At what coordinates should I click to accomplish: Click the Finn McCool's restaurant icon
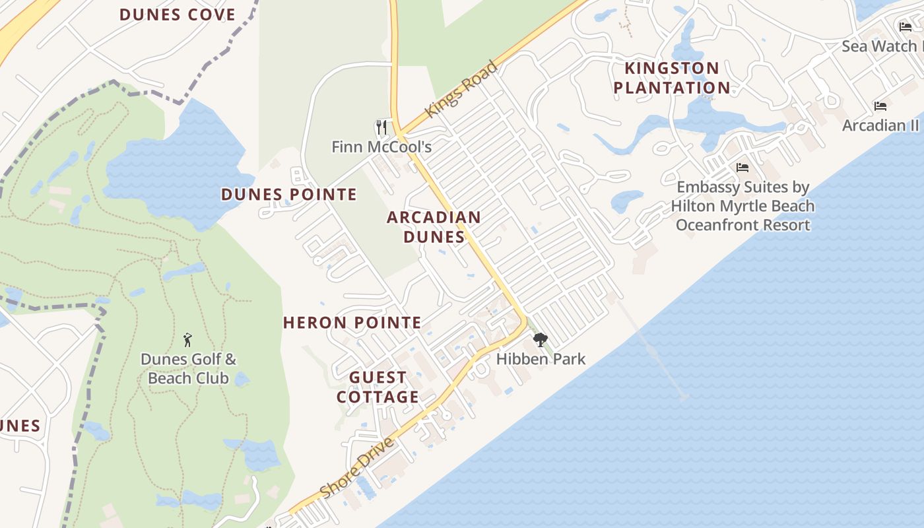tap(381, 127)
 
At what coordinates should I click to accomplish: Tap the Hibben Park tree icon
tap(541, 340)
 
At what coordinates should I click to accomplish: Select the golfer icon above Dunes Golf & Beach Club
tap(187, 340)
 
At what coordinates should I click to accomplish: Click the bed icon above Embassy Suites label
tap(742, 168)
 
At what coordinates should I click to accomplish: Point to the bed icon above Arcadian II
tap(880, 106)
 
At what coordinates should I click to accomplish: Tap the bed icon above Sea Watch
tap(906, 27)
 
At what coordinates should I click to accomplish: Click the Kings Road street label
tap(461, 89)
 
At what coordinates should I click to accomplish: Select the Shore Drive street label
tap(357, 467)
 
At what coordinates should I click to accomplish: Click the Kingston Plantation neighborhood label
tap(672, 78)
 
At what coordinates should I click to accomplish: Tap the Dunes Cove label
tap(177, 15)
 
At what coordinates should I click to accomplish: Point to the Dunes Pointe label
tap(288, 195)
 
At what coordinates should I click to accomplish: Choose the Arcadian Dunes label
tap(434, 226)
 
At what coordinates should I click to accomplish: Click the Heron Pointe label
tap(352, 323)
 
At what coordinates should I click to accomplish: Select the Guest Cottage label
tap(378, 387)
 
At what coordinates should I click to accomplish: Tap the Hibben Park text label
tap(541, 359)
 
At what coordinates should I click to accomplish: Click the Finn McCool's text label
tap(381, 147)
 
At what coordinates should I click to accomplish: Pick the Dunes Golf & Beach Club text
tap(188, 368)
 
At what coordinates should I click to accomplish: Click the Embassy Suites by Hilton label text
tap(742, 206)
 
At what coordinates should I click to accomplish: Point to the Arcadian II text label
tap(880, 125)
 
